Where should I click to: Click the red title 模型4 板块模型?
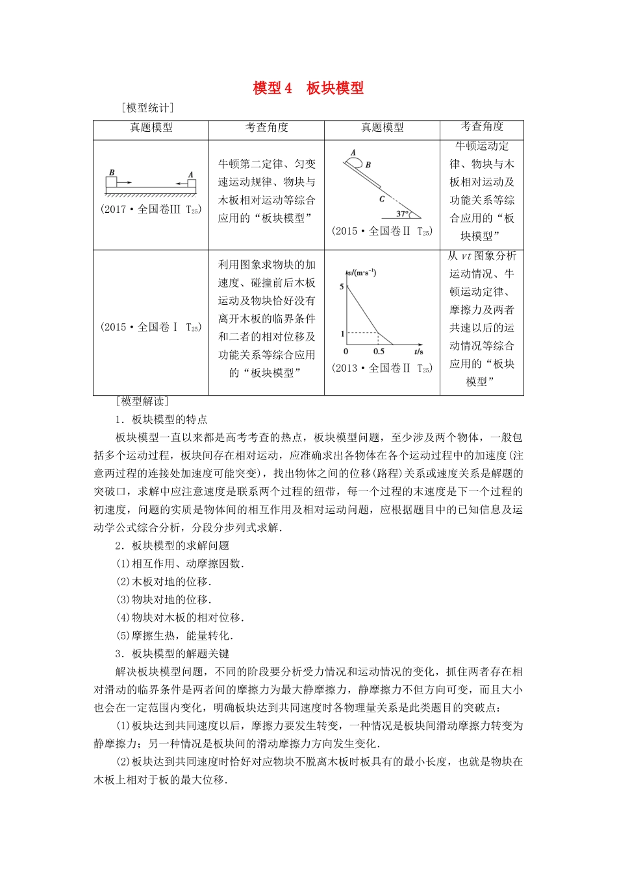308,88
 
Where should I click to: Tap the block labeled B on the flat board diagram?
111,181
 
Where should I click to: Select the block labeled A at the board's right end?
191,182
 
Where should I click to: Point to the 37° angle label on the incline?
402,213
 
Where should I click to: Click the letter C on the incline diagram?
383,199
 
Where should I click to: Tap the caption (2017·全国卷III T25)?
151,209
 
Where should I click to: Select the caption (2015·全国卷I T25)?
151,327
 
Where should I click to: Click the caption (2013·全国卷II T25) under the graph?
382,368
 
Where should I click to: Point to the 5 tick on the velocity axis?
342,286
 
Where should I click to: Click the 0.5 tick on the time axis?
379,352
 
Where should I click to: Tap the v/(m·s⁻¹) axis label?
362,272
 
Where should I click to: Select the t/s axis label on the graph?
418,352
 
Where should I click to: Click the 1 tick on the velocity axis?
342,333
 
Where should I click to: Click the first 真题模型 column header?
151,128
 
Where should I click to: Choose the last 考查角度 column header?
481,127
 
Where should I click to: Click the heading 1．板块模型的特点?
161,419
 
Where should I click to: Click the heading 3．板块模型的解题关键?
172,653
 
